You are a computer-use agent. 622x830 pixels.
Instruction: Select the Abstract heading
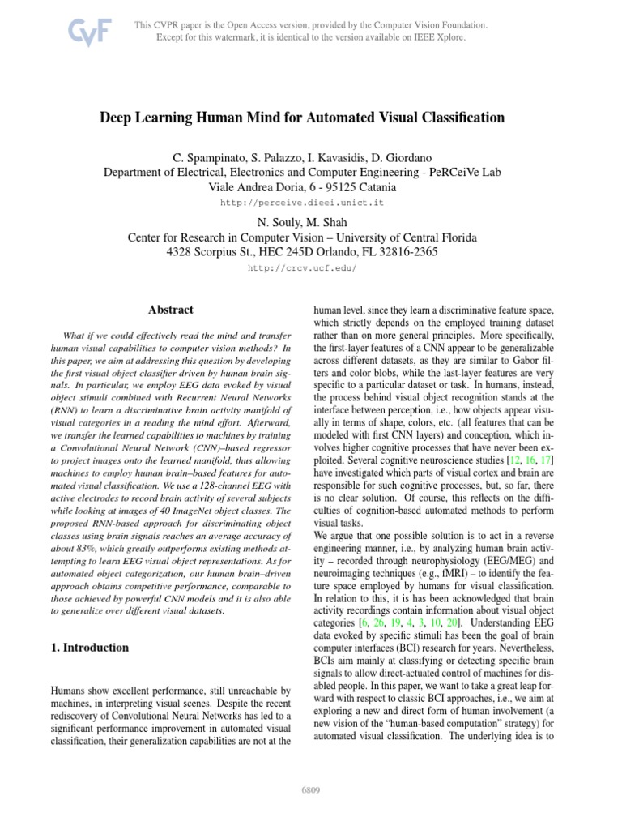[x=171, y=309]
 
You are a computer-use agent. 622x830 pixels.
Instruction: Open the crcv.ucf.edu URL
[x=301, y=267]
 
